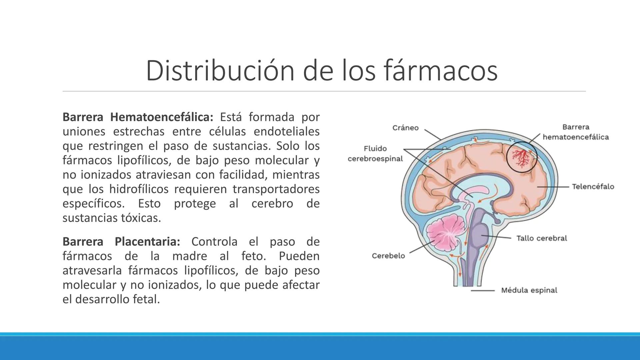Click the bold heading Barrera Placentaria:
[x=121, y=242]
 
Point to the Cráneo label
[x=405, y=128]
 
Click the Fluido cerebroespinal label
[x=375, y=154]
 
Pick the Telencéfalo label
[x=593, y=187]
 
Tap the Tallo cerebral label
[x=541, y=238]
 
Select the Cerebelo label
[x=388, y=256]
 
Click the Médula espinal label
[x=529, y=290]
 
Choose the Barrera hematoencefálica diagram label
[x=576, y=132]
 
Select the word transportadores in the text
[x=276, y=189]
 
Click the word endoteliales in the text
[x=286, y=132]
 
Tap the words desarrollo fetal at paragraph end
[x=117, y=299]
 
